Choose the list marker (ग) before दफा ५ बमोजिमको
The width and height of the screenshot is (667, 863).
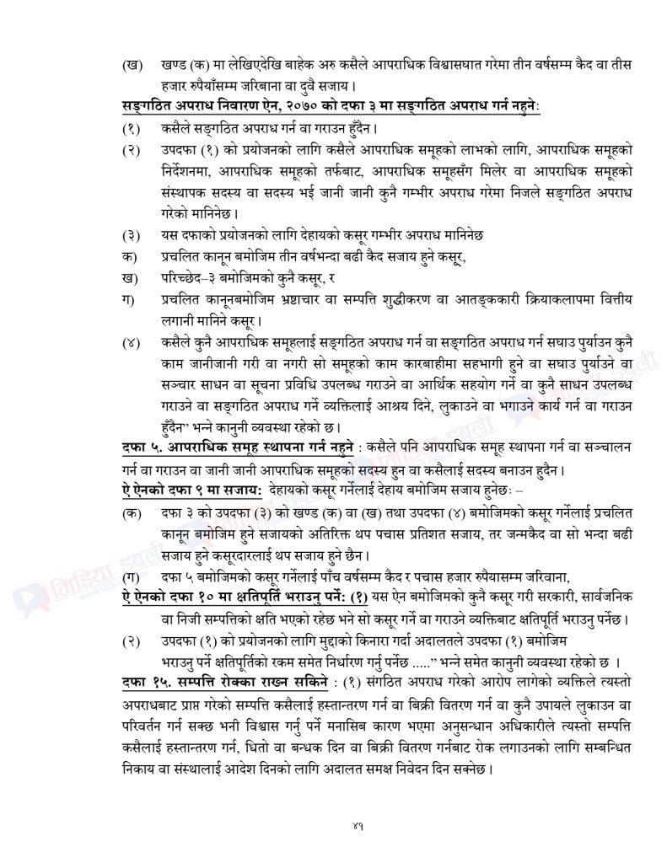[132, 576]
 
